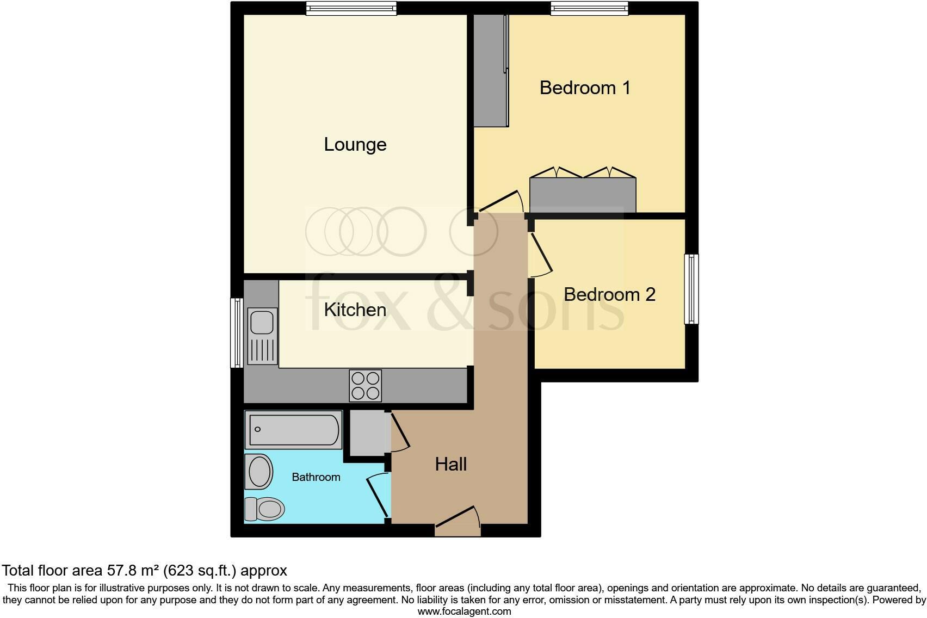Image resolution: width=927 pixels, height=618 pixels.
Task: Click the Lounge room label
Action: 355,145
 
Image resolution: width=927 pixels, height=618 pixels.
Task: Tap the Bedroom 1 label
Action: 585,88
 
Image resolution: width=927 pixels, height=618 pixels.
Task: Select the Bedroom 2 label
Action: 609,294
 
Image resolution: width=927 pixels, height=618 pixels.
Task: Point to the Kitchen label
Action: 355,310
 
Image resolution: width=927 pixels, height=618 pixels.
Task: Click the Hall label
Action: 451,464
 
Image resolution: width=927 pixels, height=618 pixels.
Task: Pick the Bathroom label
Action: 316,477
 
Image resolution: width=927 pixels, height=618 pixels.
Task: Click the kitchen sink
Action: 262,336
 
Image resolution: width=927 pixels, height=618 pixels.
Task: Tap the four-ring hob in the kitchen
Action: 366,385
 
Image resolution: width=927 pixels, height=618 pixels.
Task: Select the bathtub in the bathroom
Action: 294,429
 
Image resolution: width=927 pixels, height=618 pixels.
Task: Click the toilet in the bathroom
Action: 265,509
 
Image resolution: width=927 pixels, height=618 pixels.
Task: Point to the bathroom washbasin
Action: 259,471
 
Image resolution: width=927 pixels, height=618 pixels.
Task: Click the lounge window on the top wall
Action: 351,8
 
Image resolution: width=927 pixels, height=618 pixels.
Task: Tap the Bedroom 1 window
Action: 589,8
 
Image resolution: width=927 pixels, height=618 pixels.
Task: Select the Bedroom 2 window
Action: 691,289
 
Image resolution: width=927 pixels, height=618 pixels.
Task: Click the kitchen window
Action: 237,332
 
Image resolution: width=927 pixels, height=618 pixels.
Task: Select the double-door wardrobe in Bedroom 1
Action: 583,194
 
